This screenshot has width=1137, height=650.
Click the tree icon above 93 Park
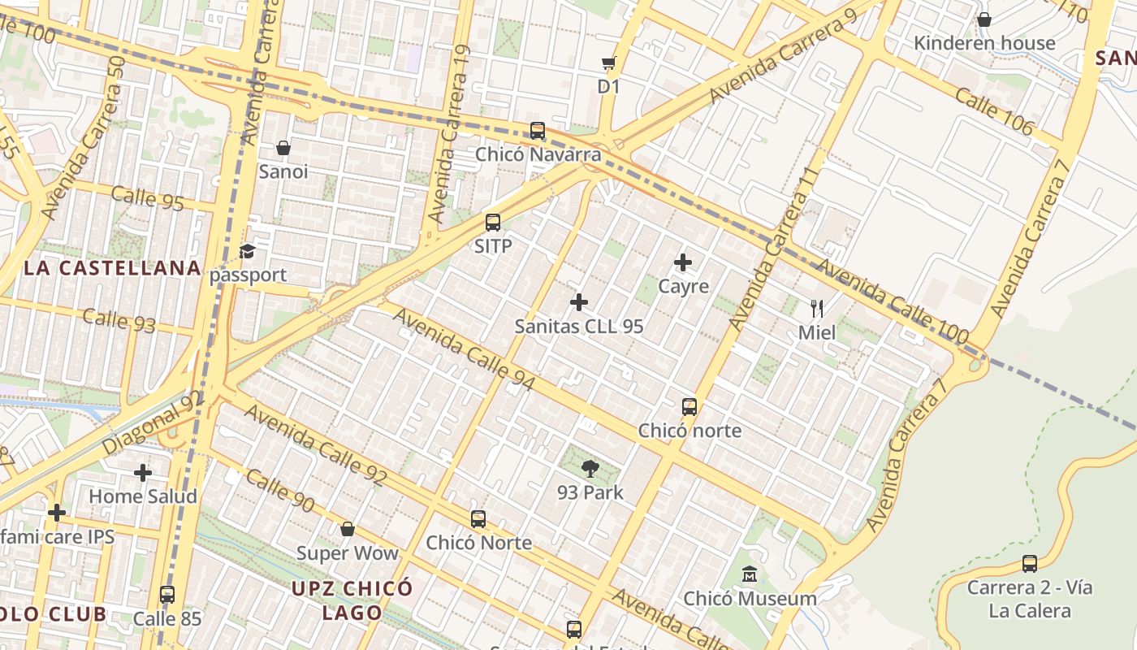pyautogui.click(x=590, y=468)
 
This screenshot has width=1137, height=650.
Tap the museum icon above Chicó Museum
pyautogui.click(x=750, y=574)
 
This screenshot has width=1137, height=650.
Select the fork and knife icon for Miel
pyautogui.click(x=817, y=308)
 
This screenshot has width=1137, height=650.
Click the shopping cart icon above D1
pyautogui.click(x=608, y=63)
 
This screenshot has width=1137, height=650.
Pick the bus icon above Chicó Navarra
pyautogui.click(x=538, y=130)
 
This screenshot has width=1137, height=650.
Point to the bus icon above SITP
pyautogui.click(x=493, y=222)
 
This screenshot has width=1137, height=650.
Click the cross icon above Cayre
pyautogui.click(x=683, y=262)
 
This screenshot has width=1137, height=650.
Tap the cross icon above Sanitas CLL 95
pyautogui.click(x=579, y=302)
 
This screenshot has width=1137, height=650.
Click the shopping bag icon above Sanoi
pyautogui.click(x=283, y=147)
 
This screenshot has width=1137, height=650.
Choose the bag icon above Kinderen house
pyautogui.click(x=984, y=19)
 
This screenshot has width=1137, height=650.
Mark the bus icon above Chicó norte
pyautogui.click(x=690, y=406)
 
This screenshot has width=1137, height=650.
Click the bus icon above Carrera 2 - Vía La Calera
pyautogui.click(x=1030, y=563)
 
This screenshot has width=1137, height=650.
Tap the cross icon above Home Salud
pyautogui.click(x=143, y=472)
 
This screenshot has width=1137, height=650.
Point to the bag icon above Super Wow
pyautogui.click(x=348, y=529)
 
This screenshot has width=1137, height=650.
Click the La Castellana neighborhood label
pyautogui.click(x=112, y=268)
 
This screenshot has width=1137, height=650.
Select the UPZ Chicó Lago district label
pyautogui.click(x=352, y=600)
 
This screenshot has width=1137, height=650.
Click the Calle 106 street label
pyautogui.click(x=994, y=111)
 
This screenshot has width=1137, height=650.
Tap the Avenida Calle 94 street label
pyautogui.click(x=464, y=348)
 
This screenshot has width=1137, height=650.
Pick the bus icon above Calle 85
pyautogui.click(x=167, y=594)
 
